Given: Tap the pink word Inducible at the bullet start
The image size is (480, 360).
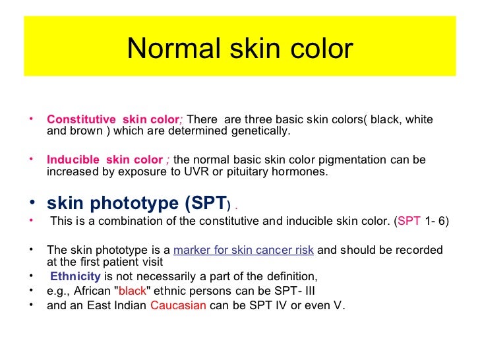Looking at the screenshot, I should (71, 160).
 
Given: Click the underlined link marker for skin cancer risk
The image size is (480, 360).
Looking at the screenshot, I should (243, 250).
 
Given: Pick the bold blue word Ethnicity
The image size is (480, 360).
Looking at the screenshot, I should (75, 276).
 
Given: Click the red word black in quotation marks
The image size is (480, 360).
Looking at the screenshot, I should (133, 291).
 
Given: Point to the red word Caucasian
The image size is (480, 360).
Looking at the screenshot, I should (178, 305).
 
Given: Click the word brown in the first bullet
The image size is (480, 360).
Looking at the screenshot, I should (84, 131).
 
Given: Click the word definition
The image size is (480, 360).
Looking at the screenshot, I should (289, 276).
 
